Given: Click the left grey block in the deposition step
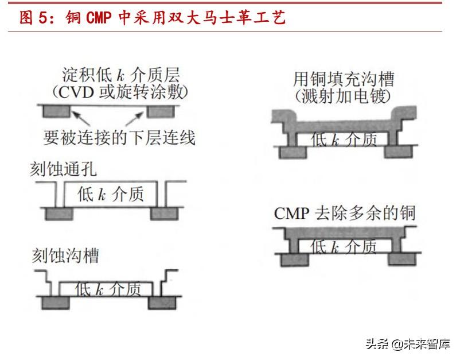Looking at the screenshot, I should (x=56, y=110).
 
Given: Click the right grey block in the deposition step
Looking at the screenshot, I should (x=159, y=110).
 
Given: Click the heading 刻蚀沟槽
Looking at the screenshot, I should (x=64, y=255).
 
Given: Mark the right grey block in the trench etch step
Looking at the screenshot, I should (x=161, y=302).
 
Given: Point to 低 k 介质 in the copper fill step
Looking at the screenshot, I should (x=344, y=138).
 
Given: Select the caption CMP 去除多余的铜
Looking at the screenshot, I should (x=344, y=214).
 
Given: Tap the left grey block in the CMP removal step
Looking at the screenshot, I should (x=294, y=259).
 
